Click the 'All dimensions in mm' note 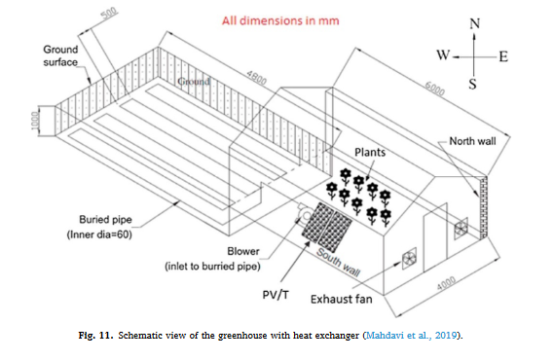tap(280, 20)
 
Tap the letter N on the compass tap(475, 24)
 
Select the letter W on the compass tap(443, 55)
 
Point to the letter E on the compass tap(503, 56)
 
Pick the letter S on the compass tap(473, 84)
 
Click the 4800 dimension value tap(256, 78)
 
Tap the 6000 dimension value tap(434, 89)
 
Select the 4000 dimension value tap(446, 283)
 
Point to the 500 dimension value tap(109, 15)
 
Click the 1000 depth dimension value tap(36, 121)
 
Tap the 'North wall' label tap(472, 141)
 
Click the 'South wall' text tap(339, 262)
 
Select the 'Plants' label tap(370, 152)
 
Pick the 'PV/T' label tap(276, 295)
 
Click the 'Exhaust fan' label tap(342, 300)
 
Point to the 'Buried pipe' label tap(105, 220)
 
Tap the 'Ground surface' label tap(60, 55)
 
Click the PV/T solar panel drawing tap(327, 227)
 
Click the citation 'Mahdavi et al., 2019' tap(411, 335)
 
